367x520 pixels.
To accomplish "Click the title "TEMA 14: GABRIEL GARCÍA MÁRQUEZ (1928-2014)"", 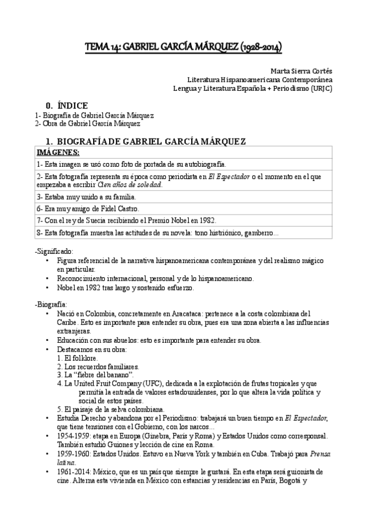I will [183, 47].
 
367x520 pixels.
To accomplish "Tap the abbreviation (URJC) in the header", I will [322, 88].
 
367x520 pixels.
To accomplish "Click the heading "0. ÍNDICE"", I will [63, 105].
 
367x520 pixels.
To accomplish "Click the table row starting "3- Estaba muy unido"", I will [86, 197].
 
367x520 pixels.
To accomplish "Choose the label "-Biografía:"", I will [51, 305].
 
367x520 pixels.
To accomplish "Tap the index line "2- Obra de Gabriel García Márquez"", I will [83, 123].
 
